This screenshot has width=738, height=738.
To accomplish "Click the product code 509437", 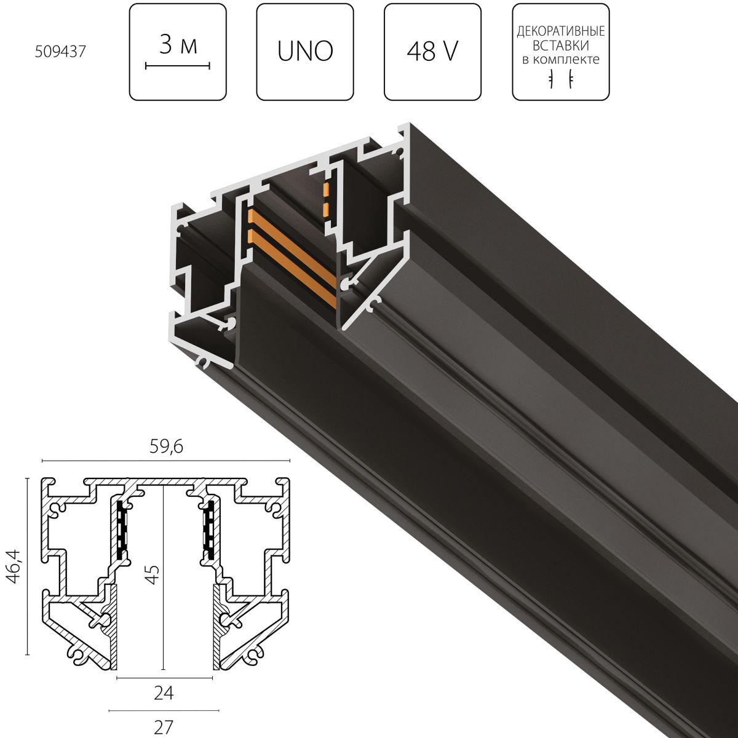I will click(60, 52).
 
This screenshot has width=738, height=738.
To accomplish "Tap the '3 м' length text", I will click(178, 46).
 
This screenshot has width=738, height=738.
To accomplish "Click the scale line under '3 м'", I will click(178, 64).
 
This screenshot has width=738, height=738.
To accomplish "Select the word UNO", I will click(305, 52).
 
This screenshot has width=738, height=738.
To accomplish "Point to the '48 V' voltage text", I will click(432, 52).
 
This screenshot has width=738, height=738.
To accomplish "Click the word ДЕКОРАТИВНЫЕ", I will click(560, 31).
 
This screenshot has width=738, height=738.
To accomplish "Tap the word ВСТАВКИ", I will click(560, 45).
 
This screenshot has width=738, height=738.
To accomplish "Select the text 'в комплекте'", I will click(560, 59).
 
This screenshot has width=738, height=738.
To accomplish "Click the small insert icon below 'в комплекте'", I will click(560, 79).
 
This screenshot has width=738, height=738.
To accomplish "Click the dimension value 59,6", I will click(165, 448).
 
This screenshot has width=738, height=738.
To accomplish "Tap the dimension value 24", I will click(164, 694).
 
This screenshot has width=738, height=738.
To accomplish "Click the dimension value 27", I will click(164, 726).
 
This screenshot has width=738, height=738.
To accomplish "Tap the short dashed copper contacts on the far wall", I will click(327, 199).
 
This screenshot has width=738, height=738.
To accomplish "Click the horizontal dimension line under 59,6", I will click(165, 460).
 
